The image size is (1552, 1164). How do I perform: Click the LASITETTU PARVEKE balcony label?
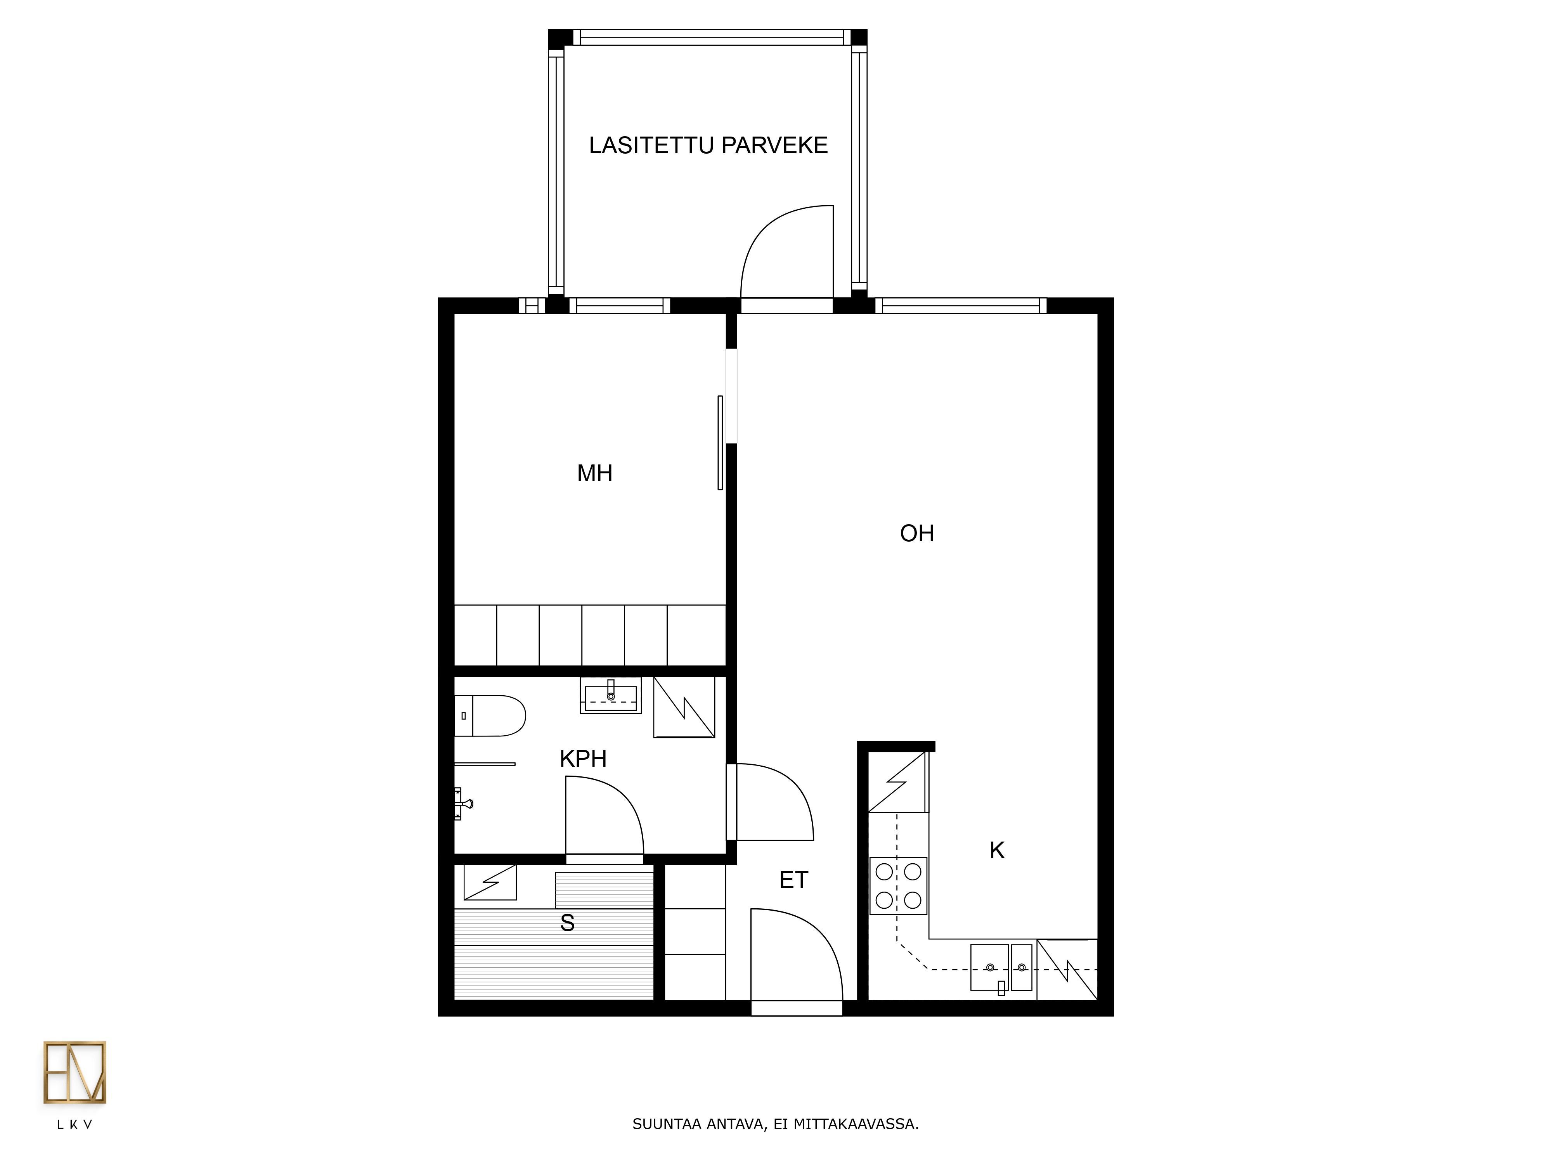point(708,145)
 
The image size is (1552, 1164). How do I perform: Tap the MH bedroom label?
point(594,474)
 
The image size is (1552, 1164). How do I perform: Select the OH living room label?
point(917,533)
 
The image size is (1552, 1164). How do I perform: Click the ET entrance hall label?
point(793,880)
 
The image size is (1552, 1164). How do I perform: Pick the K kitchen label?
point(997,850)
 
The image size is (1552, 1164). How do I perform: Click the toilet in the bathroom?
point(490,715)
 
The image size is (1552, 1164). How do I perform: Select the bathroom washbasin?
point(610,696)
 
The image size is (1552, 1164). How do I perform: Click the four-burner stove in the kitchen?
point(898,885)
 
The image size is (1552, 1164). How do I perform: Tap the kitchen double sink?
point(1001,968)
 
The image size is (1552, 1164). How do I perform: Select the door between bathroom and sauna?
point(604,821)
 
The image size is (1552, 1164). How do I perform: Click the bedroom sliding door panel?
point(720,443)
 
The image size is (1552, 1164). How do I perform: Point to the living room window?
point(961,305)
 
